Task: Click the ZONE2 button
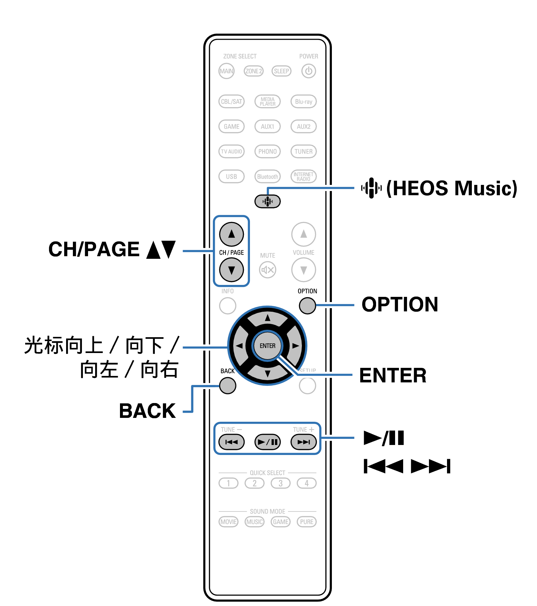(254, 71)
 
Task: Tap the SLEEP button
(281, 71)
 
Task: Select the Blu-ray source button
(303, 102)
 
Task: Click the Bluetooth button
(267, 177)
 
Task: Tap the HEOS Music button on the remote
(267, 202)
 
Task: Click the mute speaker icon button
(267, 270)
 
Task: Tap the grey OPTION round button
(307, 305)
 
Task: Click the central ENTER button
(267, 346)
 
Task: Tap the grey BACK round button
(227, 386)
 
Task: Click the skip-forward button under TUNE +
(303, 442)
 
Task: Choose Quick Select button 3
(281, 483)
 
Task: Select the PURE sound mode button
(306, 522)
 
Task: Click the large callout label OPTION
(400, 304)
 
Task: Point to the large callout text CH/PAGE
(94, 249)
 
